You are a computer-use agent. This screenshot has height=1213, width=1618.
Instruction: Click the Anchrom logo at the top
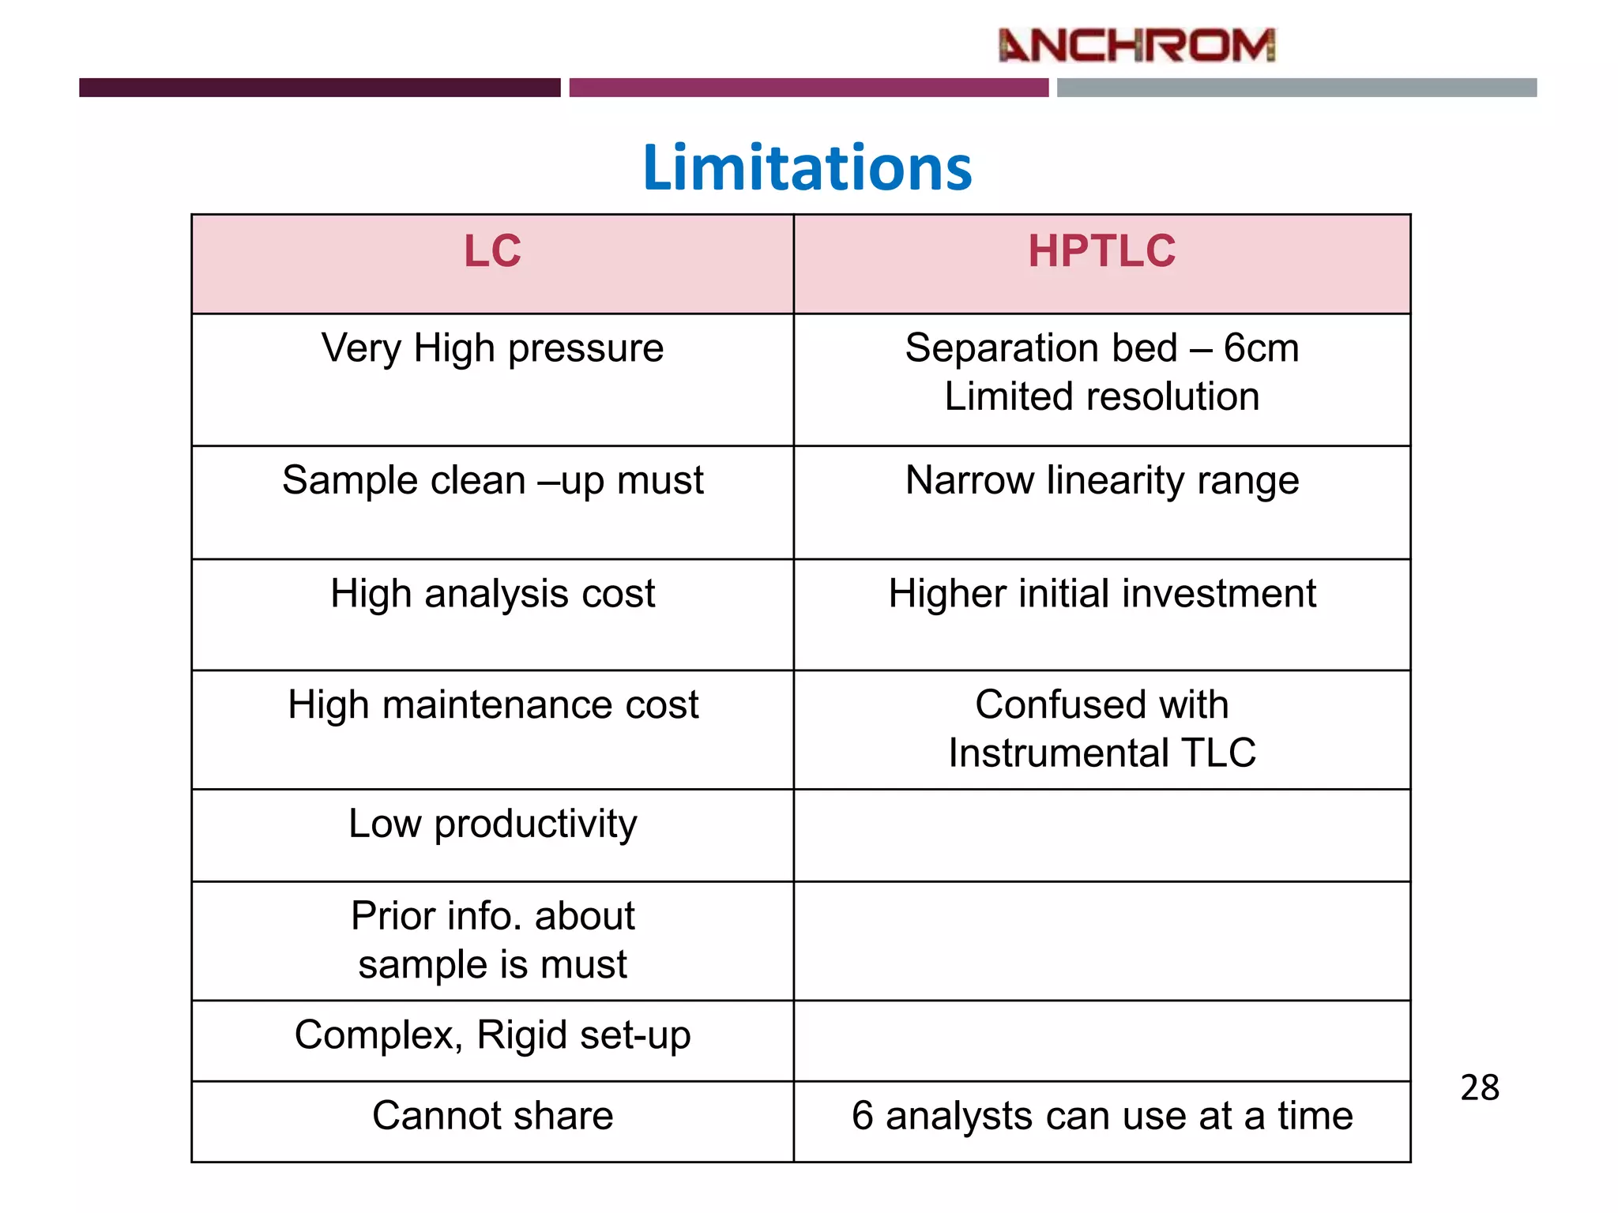[1136, 45]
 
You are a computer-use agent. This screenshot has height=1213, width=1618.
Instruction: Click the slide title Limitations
[807, 167]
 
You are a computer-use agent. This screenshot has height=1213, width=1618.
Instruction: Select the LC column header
[492, 252]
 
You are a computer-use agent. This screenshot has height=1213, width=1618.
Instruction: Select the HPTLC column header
[1101, 252]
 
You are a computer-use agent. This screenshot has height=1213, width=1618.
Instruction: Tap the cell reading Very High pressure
[492, 348]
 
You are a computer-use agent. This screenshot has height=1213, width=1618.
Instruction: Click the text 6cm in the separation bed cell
[1261, 348]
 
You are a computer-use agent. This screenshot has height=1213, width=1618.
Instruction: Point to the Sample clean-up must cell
[492, 480]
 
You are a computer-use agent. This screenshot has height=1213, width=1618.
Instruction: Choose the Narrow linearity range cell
[1101, 480]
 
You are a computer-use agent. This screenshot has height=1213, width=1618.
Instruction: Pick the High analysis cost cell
[492, 594]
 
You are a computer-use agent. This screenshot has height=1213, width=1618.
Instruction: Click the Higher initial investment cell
[1101, 594]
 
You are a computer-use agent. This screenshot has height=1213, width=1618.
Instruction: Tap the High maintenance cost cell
[492, 704]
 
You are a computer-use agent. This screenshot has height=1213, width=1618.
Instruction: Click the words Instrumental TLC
[1101, 753]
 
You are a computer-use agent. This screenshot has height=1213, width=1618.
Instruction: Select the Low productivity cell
[492, 824]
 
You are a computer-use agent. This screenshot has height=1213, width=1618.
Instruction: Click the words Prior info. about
[492, 916]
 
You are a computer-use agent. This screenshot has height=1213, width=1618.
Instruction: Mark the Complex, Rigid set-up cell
[492, 1035]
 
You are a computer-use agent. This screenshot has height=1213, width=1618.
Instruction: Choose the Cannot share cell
[492, 1116]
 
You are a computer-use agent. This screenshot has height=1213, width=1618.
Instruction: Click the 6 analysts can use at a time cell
[1101, 1116]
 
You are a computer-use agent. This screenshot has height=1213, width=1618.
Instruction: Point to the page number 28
[1479, 1088]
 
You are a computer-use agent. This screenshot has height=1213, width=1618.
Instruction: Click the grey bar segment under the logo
[1296, 88]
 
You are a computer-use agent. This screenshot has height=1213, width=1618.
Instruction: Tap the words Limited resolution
[1101, 396]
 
